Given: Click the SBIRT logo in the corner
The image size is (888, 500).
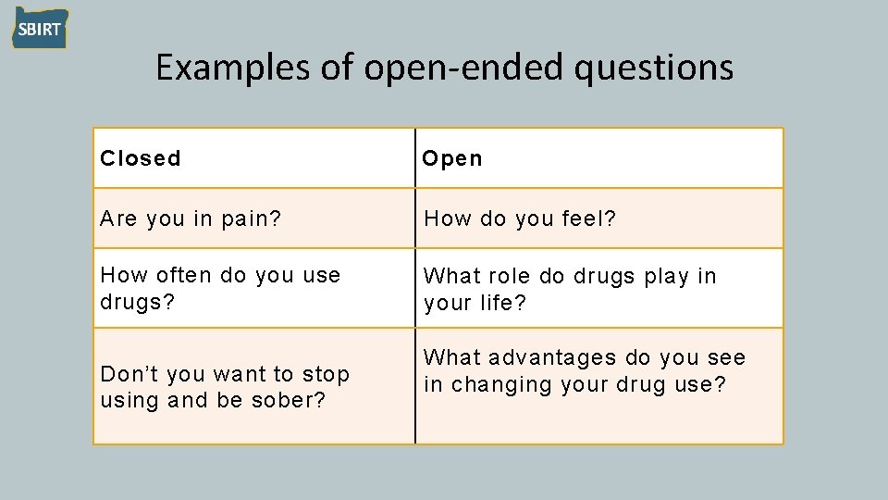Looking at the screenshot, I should point(40,28).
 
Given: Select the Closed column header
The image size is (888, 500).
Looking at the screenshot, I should point(141,158).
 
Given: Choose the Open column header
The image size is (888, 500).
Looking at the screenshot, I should point(452,158).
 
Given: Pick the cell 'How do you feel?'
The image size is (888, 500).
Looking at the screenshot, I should point(520,219).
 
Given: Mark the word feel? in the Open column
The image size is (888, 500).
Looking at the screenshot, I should point(589,219).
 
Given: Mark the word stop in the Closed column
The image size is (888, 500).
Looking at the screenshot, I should point(326,375).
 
